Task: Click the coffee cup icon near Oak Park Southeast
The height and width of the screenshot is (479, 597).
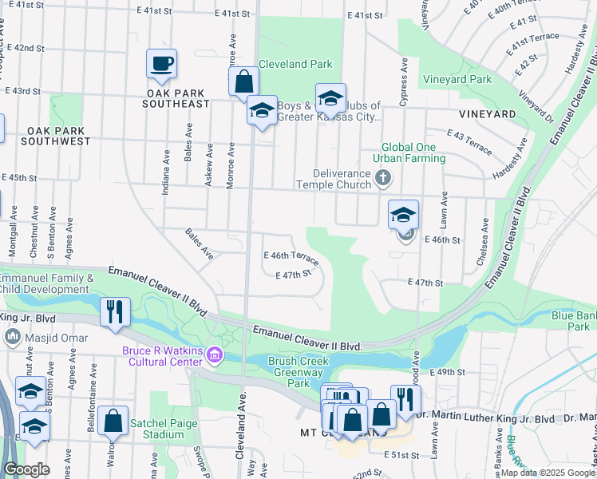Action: coord(161,63)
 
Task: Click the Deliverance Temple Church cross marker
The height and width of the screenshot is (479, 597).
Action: coord(383,177)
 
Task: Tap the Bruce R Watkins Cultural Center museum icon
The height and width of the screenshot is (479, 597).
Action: coord(214,354)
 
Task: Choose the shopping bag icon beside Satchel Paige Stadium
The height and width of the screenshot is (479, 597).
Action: coord(114,422)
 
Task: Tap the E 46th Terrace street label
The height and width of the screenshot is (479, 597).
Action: coord(291,259)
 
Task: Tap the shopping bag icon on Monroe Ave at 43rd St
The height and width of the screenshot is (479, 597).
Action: coord(243,81)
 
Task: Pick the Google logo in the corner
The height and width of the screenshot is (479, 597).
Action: coord(28,469)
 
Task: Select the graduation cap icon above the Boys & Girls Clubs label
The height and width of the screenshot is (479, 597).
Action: coord(330,98)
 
